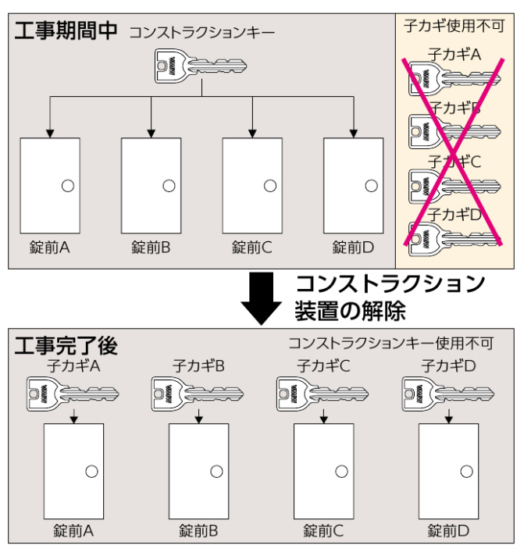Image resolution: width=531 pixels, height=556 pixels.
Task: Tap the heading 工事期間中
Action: coord(66,31)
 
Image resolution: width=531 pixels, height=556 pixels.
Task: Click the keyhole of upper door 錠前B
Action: coord(169,185)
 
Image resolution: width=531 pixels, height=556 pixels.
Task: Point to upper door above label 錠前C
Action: coord(252,185)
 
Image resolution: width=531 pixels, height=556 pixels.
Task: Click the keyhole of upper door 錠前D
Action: coord(371,185)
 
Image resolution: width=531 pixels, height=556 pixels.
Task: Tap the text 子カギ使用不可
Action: coord(454,27)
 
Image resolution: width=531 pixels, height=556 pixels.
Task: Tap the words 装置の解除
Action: coord(350,310)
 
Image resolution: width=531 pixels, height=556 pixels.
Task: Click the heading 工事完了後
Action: coord(66,344)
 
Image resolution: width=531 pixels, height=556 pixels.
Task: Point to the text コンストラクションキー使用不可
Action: coord(390,343)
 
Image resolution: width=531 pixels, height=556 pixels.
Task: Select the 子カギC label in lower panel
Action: coord(323,365)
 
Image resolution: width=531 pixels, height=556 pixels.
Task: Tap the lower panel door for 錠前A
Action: coord(74,471)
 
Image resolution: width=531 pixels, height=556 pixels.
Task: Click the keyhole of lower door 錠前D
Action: coord(466,470)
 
